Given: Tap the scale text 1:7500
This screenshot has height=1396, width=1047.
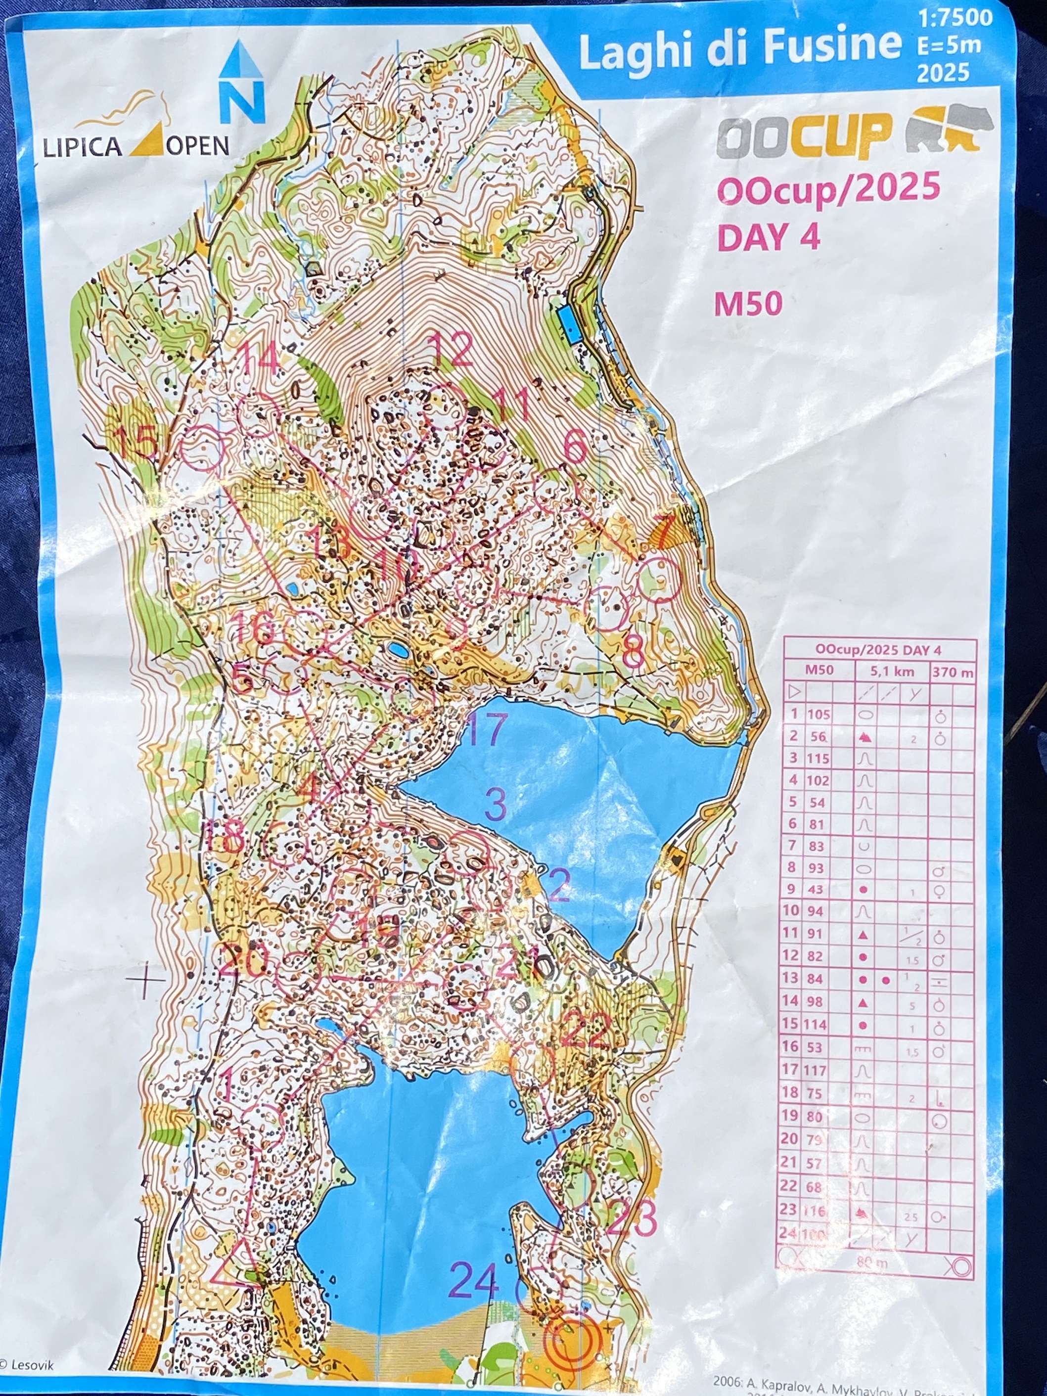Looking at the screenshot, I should tap(956, 18).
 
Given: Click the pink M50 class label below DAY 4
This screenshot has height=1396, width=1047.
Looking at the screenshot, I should tap(748, 304).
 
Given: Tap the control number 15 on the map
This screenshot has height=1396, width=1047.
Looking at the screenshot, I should tap(137, 441).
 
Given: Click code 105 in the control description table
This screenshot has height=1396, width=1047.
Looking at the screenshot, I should tap(819, 715).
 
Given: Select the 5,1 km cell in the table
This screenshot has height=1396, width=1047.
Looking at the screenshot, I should tap(892, 672).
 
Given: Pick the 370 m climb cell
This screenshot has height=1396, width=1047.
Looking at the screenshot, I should tap(953, 672).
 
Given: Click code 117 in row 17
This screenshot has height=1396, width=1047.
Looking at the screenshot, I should tap(816, 1070).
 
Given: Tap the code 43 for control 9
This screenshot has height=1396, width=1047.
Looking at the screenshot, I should tap(816, 889).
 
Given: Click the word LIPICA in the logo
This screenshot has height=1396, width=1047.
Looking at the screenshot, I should tap(82, 146).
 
